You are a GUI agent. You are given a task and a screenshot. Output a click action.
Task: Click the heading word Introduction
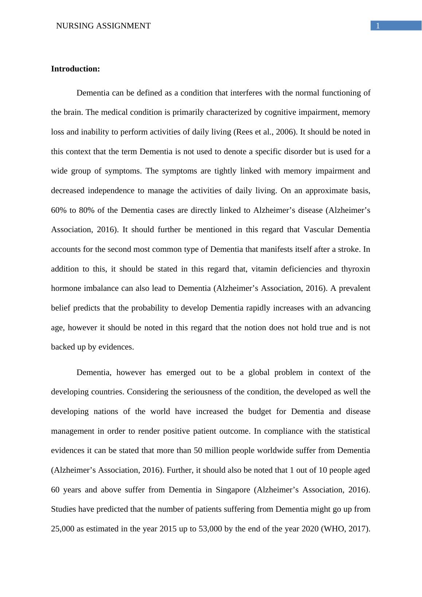click(75, 69)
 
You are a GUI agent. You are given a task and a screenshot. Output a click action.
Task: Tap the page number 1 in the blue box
click(378, 26)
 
